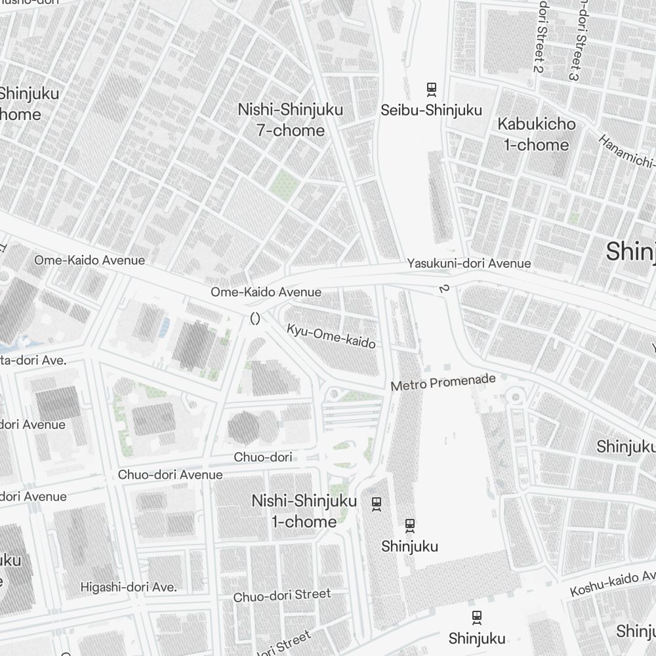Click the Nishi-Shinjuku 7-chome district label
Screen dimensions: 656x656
tap(291, 120)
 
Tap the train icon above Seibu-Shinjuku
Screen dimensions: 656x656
tap(432, 89)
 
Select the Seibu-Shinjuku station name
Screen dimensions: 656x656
tap(432, 110)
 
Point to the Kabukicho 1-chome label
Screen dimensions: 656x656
tap(536, 134)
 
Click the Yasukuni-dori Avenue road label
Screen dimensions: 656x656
tap(468, 263)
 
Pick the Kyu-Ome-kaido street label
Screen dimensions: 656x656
tap(331, 335)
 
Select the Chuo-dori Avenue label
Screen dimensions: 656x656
tap(170, 474)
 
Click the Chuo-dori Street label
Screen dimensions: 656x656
tap(282, 596)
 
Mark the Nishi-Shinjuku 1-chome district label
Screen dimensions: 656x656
tap(304, 511)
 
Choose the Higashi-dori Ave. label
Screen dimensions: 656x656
tap(129, 587)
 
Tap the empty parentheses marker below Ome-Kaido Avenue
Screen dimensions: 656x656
tap(255, 319)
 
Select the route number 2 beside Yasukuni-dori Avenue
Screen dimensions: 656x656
tap(443, 288)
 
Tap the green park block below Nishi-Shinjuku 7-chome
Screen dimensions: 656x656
tap(284, 184)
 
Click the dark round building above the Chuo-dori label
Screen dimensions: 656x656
tap(243, 428)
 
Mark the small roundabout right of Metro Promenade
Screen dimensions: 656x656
tap(516, 396)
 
